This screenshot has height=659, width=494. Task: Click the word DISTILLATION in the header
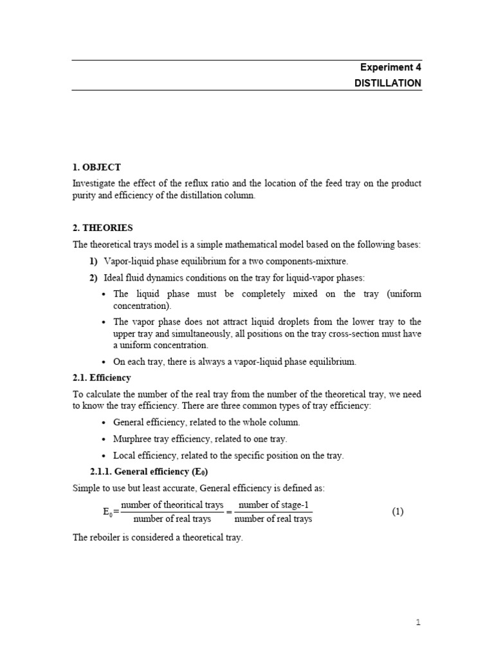[x=388, y=83]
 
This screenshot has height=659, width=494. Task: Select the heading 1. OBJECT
[x=96, y=167]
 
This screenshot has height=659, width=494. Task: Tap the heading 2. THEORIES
[x=103, y=228]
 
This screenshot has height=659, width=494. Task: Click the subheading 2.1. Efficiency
[x=102, y=378]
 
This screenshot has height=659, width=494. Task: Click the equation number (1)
[x=398, y=512]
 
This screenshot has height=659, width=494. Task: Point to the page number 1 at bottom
[x=418, y=622]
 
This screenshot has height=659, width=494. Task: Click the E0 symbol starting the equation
[x=107, y=513]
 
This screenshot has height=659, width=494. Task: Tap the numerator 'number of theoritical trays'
[x=172, y=505]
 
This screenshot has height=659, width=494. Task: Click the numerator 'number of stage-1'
[x=273, y=505]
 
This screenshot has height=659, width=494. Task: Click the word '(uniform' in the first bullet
[x=404, y=294]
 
